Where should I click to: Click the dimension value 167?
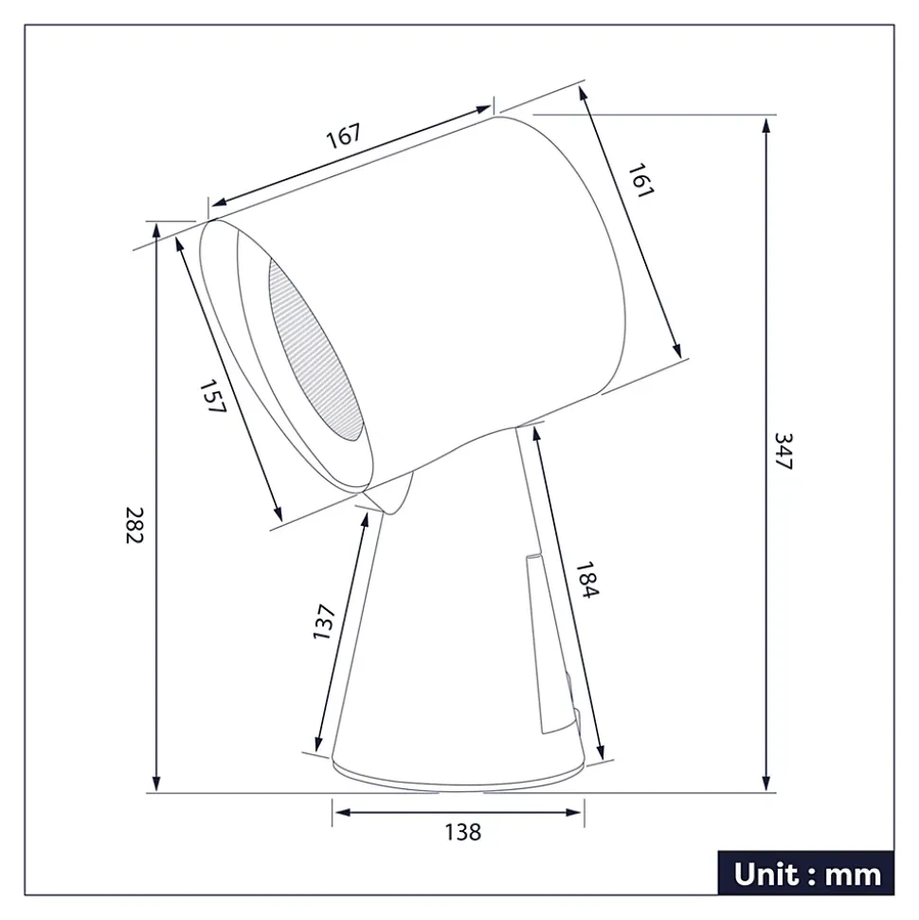pos(345,136)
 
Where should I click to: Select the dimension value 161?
pos(640,179)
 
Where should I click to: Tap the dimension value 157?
pos(213,396)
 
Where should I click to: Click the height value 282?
pos(133,524)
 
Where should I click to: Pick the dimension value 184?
pos(587,580)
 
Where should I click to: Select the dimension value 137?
pos(325,622)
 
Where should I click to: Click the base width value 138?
pos(462,833)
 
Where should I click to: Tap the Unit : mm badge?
pos(806,873)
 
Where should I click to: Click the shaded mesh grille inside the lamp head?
pos(317,351)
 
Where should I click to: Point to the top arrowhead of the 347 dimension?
pos(766,126)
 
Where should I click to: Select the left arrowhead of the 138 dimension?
pos(340,813)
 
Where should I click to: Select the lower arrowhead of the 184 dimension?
pos(599,752)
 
